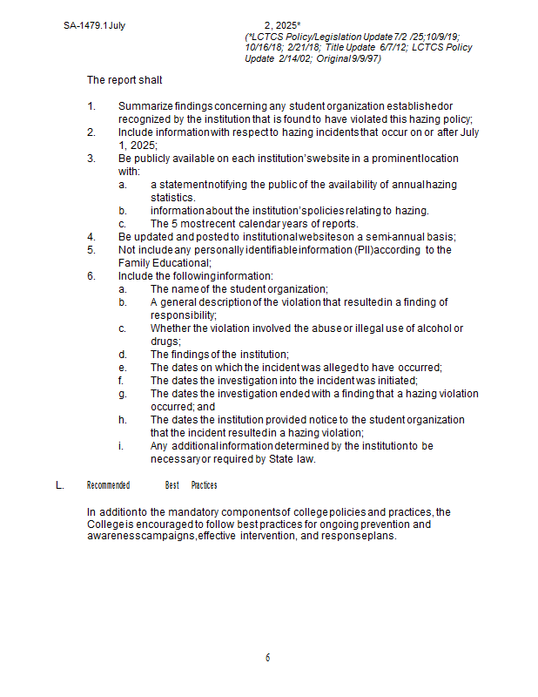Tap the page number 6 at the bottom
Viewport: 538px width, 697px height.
click(x=268, y=658)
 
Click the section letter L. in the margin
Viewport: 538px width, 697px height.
click(x=60, y=485)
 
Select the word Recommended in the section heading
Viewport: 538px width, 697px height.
click(x=108, y=485)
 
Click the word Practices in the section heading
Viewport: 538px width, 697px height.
click(x=204, y=485)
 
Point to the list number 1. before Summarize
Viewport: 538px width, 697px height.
click(x=91, y=106)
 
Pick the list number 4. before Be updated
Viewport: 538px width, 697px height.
click(x=91, y=237)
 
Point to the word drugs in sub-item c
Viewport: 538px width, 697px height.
click(x=165, y=341)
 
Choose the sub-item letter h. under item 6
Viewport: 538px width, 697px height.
click(x=124, y=420)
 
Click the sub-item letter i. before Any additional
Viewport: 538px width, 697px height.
click(x=123, y=446)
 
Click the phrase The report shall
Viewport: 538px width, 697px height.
click(x=124, y=80)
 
